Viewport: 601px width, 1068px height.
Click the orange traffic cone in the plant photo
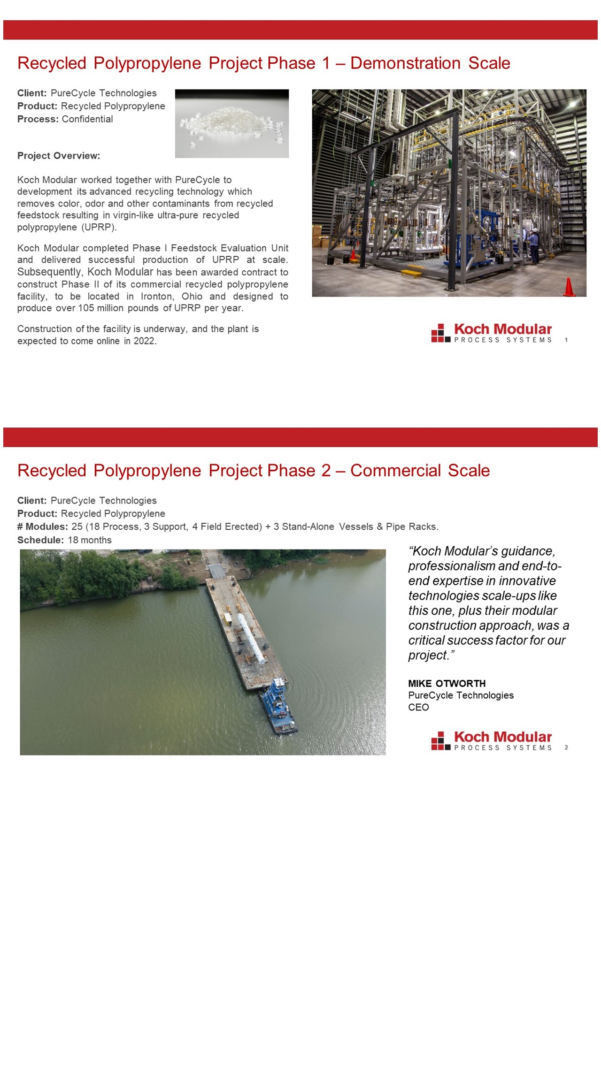click(x=569, y=287)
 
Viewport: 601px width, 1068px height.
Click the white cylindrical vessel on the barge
click(x=251, y=638)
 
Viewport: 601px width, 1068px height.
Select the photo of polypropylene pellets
click(x=231, y=123)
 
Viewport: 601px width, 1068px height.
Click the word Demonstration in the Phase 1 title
click(x=405, y=63)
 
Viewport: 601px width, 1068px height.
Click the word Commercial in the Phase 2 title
click(x=395, y=471)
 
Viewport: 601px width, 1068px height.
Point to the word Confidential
click(x=87, y=119)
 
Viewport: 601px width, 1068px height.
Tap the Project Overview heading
click(x=59, y=156)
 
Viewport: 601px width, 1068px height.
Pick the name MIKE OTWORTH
click(x=447, y=684)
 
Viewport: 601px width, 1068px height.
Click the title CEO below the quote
click(x=418, y=708)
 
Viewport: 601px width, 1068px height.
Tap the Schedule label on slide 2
click(x=40, y=540)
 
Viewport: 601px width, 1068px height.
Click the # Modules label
click(x=43, y=527)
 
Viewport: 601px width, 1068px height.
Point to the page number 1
click(x=566, y=340)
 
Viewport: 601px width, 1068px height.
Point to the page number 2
click(x=566, y=748)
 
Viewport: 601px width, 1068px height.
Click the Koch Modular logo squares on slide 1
click(x=440, y=333)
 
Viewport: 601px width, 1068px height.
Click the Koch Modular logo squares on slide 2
click(x=440, y=740)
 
